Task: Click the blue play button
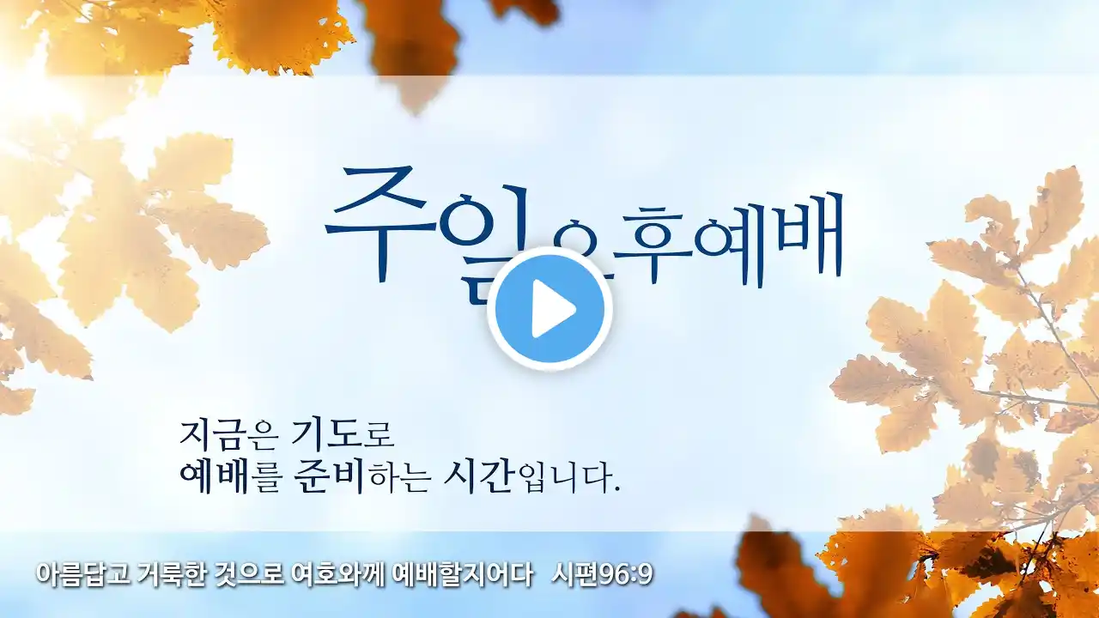549,309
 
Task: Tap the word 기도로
343,434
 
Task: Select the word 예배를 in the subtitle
229,478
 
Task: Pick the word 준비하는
361,478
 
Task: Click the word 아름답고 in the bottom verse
83,574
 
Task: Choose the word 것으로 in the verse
249,574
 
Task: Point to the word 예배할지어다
463,574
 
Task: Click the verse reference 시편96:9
602,574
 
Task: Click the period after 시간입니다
616,489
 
